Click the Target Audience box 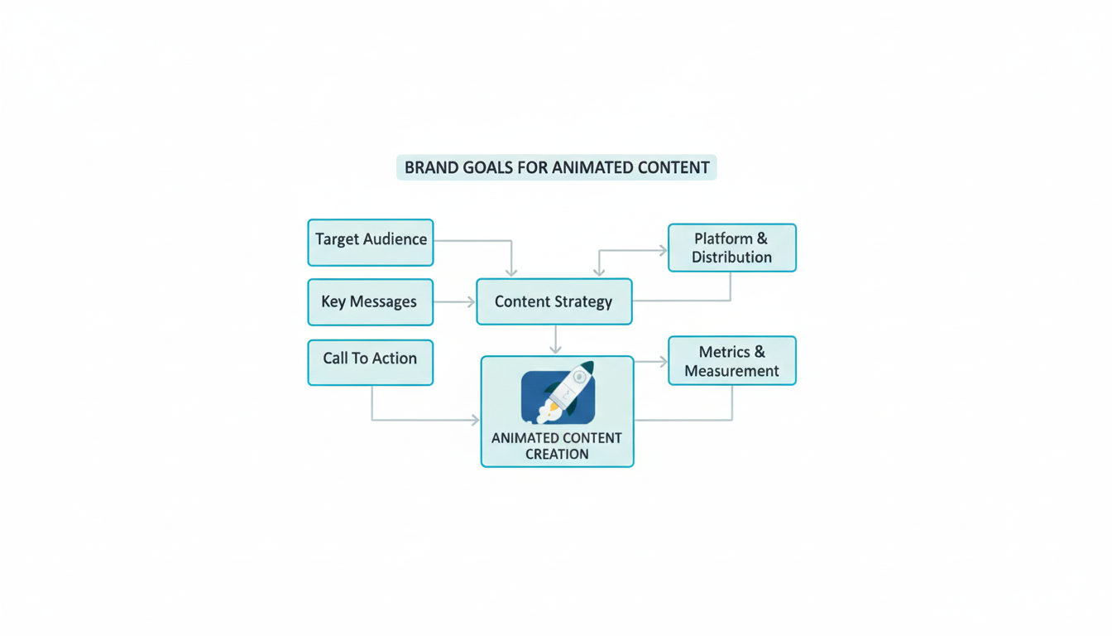point(370,242)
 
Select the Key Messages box point(370,301)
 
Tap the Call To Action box point(370,362)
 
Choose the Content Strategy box point(554,301)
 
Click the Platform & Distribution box point(731,248)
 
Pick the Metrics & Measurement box point(731,360)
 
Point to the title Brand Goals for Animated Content point(556,167)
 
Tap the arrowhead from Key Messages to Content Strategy point(471,302)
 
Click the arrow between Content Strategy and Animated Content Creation point(555,341)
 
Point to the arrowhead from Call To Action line point(475,420)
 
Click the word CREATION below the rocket point(557,454)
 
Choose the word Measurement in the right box point(731,371)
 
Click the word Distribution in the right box point(731,258)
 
